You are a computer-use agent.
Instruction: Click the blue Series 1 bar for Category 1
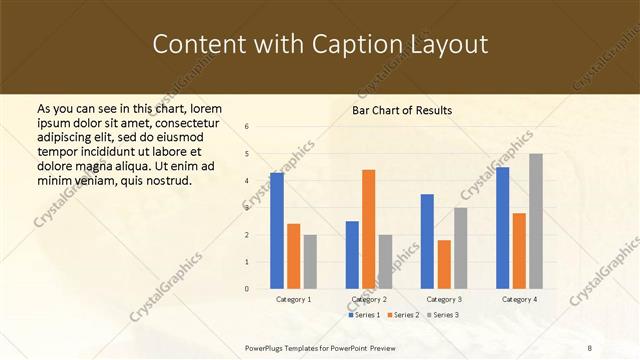(x=277, y=231)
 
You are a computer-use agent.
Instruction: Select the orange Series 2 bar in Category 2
(x=368, y=229)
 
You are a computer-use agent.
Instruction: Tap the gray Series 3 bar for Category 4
(x=536, y=221)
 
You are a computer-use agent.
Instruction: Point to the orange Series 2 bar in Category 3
(x=444, y=264)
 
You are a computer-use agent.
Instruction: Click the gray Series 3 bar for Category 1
(x=310, y=261)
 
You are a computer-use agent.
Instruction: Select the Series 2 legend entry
(x=405, y=315)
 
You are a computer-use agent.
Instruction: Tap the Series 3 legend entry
(x=443, y=315)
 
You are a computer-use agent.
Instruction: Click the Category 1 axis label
(x=294, y=299)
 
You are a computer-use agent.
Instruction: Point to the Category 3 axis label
(x=444, y=299)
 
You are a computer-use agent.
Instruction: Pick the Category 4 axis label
(x=519, y=299)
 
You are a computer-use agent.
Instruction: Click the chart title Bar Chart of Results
(x=402, y=110)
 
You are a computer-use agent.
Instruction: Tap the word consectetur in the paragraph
(x=187, y=122)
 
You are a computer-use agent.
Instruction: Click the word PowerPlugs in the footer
(x=267, y=348)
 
